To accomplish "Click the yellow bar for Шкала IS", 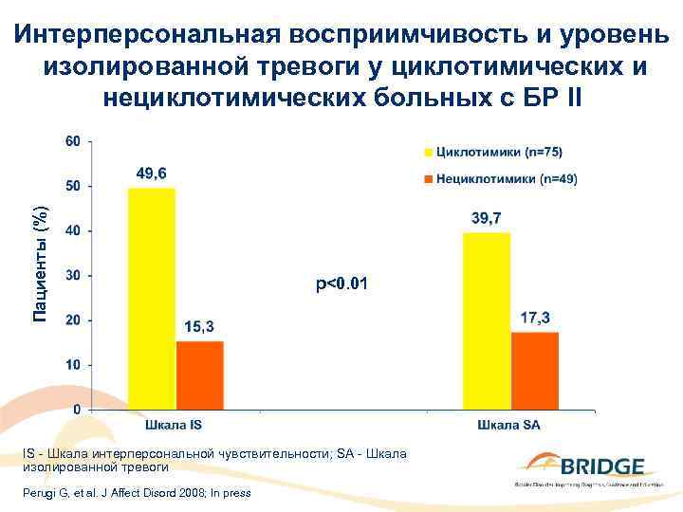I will click(152, 299).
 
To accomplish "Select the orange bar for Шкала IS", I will click(199, 375).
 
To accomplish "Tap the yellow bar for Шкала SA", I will click(487, 320).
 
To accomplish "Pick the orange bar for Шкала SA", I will click(534, 371).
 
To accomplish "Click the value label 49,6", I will click(153, 174).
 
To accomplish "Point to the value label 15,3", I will click(198, 326).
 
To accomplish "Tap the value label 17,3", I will click(535, 318).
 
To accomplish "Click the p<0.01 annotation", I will click(342, 283).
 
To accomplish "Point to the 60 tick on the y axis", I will click(72, 141).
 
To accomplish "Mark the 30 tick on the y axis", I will click(72, 276).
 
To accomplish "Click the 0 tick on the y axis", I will click(76, 410).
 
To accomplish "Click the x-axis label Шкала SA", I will click(508, 426).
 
